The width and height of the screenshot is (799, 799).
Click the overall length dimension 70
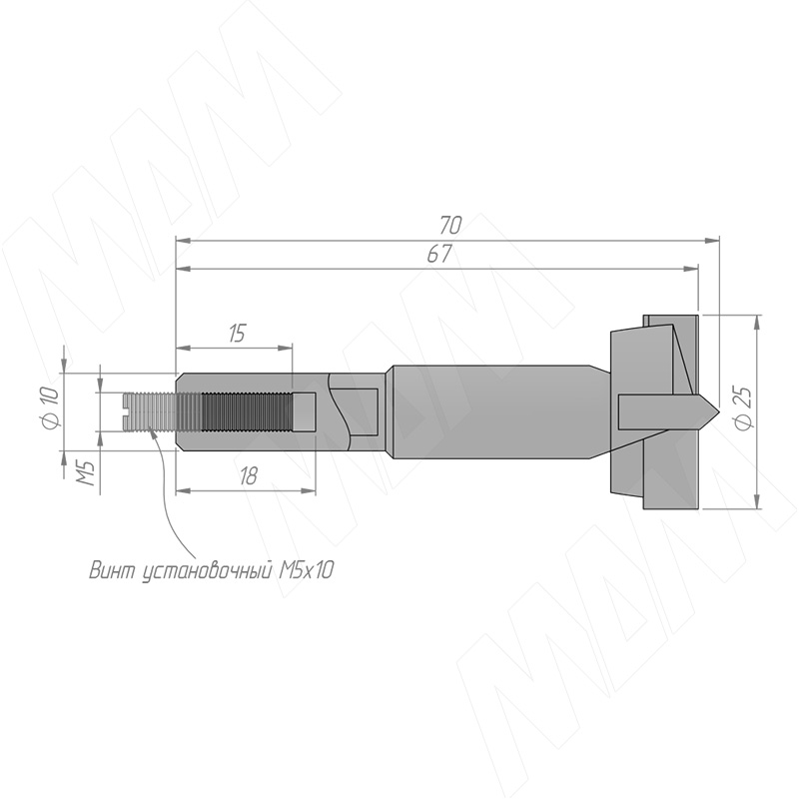tap(450, 224)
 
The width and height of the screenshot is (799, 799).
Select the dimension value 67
tap(438, 254)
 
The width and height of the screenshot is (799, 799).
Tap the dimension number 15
tap(237, 334)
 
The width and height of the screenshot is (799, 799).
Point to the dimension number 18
tap(248, 476)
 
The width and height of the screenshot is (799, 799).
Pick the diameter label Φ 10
tap(52, 407)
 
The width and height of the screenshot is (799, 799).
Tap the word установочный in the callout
tap(206, 571)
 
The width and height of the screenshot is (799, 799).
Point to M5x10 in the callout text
tap(306, 570)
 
